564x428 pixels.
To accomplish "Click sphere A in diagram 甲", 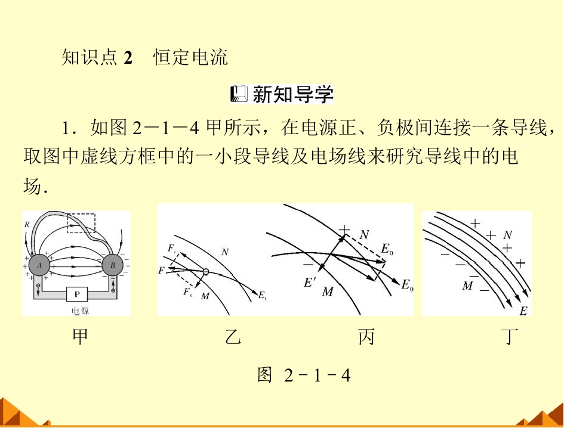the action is click(39, 266).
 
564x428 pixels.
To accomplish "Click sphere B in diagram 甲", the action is click(113, 266).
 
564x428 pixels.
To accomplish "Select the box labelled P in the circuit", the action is click(77, 294).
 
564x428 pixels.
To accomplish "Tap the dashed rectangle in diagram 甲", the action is click(81, 214).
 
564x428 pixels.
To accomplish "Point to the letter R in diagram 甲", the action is click(27, 225).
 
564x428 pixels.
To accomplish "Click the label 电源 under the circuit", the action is click(80, 311).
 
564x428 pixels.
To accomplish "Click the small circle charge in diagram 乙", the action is click(205, 272).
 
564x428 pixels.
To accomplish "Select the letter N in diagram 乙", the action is click(225, 252).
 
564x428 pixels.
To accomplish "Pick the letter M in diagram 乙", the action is click(205, 296).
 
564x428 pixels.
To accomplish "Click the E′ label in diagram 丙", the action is click(309, 283).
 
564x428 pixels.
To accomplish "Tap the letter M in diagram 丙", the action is click(328, 291).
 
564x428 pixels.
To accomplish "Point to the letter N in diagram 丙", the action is click(365, 235).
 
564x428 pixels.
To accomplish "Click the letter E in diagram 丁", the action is click(523, 311).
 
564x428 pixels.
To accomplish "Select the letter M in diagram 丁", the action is click(467, 286).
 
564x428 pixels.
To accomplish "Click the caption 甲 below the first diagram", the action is click(80, 337).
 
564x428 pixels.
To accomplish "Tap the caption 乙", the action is click(233, 337).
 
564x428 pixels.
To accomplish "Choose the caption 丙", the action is click(366, 337).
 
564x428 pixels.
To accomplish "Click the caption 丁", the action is click(509, 337).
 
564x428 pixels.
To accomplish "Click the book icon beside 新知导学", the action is click(239, 94).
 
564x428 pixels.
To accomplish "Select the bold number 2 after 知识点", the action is click(128, 57).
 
